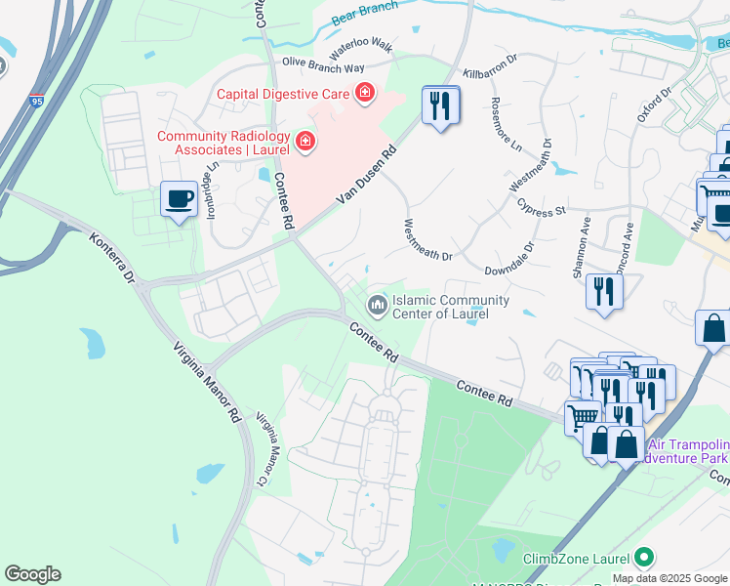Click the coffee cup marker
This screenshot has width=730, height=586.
[178, 199]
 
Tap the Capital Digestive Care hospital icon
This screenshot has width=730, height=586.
[365, 94]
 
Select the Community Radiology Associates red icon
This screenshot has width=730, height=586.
[305, 143]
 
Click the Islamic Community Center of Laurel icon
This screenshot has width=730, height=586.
[376, 307]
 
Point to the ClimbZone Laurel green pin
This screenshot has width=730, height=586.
[643, 559]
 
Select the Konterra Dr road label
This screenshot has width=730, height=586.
[111, 259]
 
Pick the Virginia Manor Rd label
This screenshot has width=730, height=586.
[206, 382]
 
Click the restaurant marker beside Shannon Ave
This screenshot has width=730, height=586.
[605, 291]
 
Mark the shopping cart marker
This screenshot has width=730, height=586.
[583, 416]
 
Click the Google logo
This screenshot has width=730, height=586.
[32, 574]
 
